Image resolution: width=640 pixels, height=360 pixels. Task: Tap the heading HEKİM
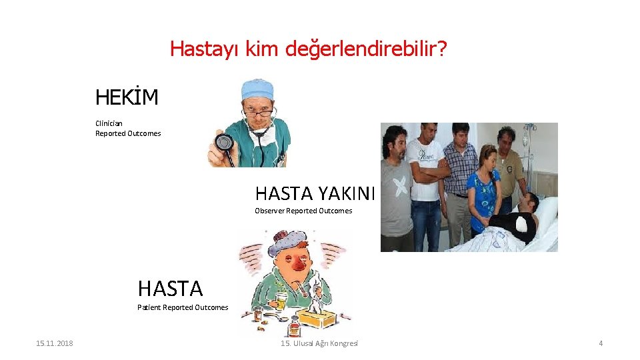[127, 98]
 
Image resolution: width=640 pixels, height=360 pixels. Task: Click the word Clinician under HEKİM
[109, 123]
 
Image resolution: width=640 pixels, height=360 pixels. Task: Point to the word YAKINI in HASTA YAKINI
[346, 193]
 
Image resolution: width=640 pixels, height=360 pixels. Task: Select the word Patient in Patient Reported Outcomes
[149, 307]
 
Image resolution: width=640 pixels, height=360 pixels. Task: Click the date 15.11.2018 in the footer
[55, 343]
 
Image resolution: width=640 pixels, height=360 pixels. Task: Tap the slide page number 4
[601, 343]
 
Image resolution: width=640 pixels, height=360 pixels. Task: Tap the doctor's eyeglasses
[259, 113]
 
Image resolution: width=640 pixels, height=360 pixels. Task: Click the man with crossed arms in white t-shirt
[425, 180]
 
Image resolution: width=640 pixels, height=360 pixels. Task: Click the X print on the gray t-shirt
[400, 186]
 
